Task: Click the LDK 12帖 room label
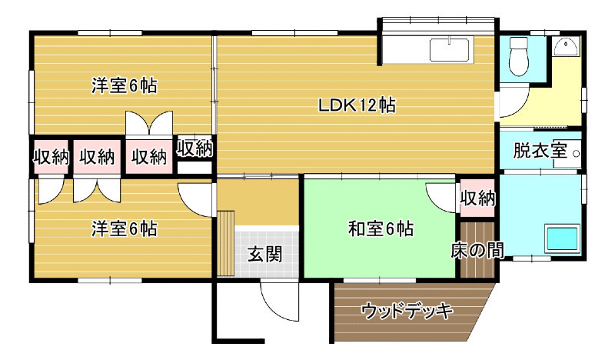click(357, 105)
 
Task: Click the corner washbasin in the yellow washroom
click(565, 47)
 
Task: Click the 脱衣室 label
click(540, 150)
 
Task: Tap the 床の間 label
click(477, 250)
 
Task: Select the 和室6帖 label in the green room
click(381, 228)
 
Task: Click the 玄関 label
click(265, 254)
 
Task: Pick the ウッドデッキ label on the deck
click(407, 311)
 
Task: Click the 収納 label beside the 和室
click(477, 198)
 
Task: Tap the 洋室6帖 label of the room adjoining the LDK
click(125, 85)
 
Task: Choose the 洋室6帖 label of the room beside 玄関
click(125, 228)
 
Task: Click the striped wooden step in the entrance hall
click(226, 244)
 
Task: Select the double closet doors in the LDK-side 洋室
click(149, 123)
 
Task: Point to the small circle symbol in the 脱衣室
click(576, 154)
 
